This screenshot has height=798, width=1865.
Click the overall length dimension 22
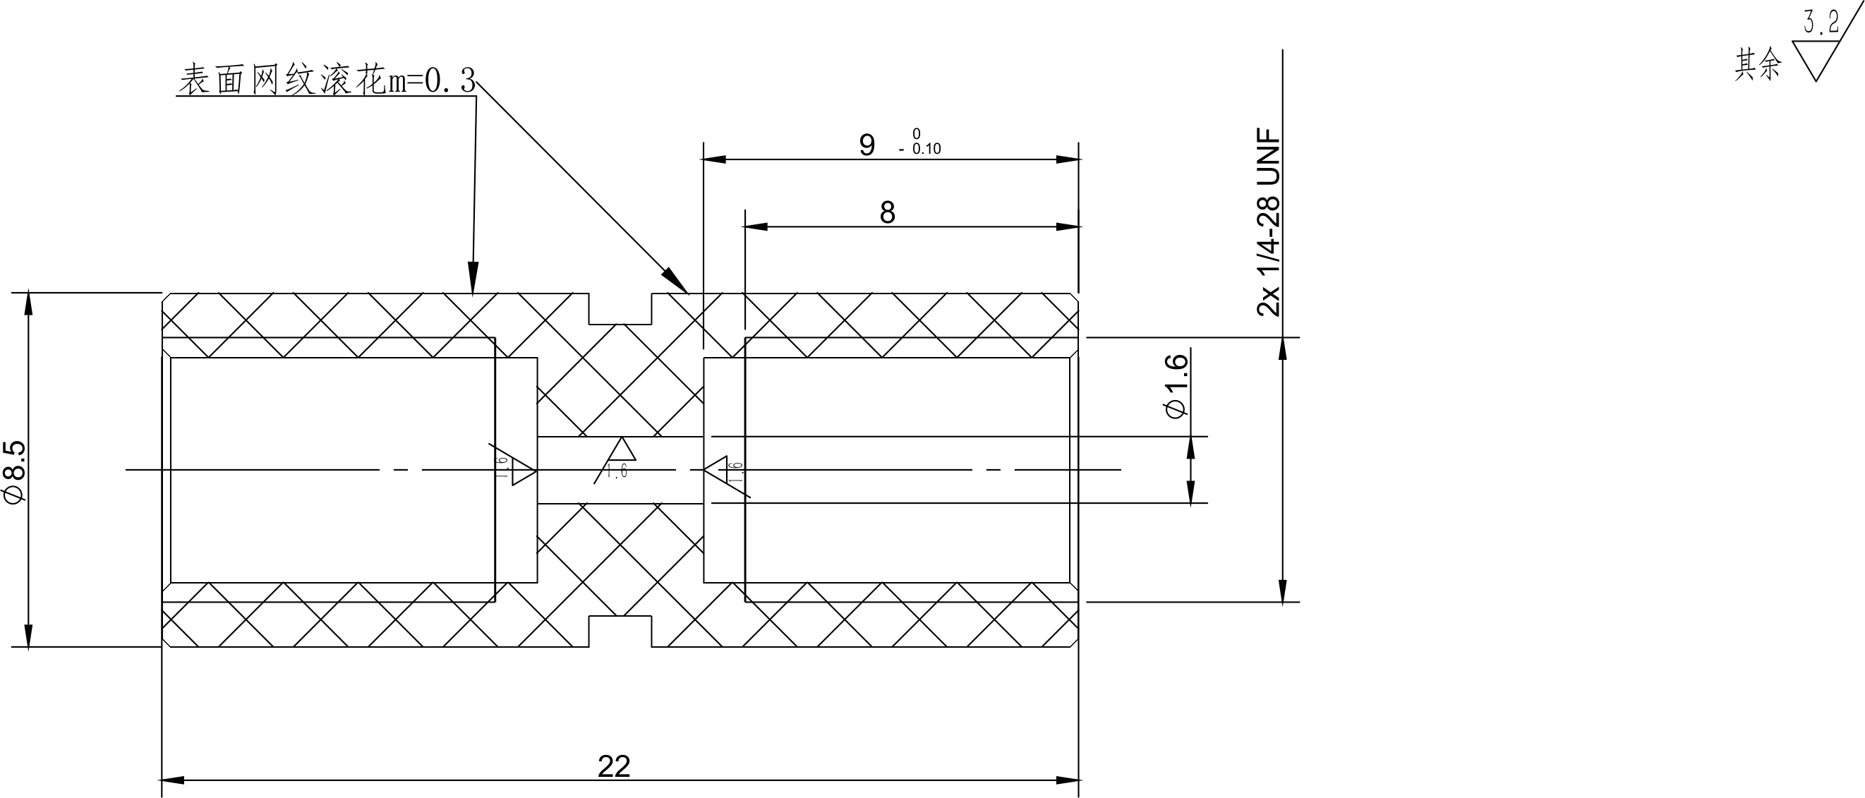pos(614,766)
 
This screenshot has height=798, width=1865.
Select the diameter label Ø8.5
pos(16,471)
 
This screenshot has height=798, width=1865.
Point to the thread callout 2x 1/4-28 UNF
pos(1269,222)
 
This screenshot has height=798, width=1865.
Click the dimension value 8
pos(887,213)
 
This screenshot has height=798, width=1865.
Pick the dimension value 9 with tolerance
pos(867,145)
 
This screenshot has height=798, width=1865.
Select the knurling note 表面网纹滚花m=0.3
pos(327,80)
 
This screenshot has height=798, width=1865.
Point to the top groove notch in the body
pos(620,309)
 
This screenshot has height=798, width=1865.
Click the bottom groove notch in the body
pos(620,631)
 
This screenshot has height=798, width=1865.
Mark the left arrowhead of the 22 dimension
pos(172,780)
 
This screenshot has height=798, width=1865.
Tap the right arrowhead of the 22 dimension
pos(1068,780)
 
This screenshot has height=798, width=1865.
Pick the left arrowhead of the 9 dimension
pos(715,159)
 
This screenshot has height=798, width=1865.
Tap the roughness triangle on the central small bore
pos(622,450)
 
